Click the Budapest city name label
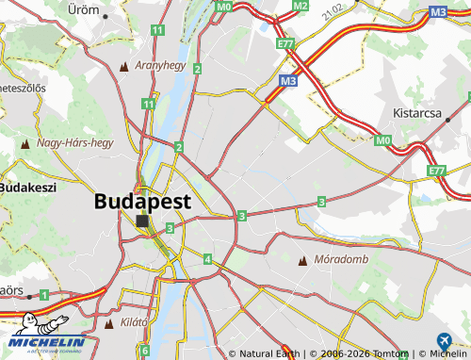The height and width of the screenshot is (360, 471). [x=142, y=201]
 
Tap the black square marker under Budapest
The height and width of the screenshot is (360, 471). [x=142, y=221]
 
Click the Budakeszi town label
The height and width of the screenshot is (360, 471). [x=28, y=188]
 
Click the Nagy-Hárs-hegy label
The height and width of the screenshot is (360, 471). [x=74, y=143]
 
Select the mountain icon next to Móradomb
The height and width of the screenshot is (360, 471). [x=302, y=259]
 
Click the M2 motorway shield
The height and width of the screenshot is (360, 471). [x=300, y=6]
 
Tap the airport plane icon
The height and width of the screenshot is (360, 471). [x=444, y=341]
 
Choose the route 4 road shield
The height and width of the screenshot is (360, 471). [x=206, y=258]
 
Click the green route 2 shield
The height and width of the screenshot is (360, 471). [x=178, y=146]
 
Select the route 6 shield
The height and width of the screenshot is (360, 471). [x=144, y=351]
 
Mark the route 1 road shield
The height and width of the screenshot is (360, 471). [x=43, y=295]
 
